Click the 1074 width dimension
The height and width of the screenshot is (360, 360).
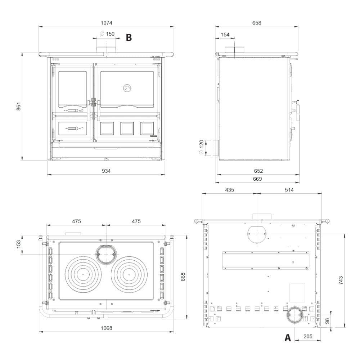pyautogui.click(x=106, y=23)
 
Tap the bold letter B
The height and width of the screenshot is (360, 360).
pyautogui.click(x=129, y=37)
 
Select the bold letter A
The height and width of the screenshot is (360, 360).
pyautogui.click(x=288, y=338)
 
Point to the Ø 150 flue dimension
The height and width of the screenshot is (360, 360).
pyautogui.click(x=107, y=34)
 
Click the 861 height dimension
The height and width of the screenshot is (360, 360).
pyautogui.click(x=19, y=106)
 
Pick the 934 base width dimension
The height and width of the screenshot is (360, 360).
pyautogui.click(x=106, y=171)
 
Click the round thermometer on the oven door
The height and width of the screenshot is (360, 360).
pyautogui.click(x=127, y=88)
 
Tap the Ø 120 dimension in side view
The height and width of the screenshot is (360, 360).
pyautogui.click(x=201, y=147)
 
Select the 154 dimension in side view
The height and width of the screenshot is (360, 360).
pyautogui.click(x=225, y=35)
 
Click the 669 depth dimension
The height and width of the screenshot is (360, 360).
pyautogui.click(x=257, y=179)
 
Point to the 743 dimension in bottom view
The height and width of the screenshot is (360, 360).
pyautogui.click(x=341, y=280)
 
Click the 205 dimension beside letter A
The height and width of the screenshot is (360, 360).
pyautogui.click(x=308, y=336)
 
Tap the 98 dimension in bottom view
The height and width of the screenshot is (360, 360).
pyautogui.click(x=328, y=321)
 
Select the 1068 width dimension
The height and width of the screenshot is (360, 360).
pyautogui.click(x=106, y=328)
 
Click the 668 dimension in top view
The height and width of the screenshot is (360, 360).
pyautogui.click(x=183, y=277)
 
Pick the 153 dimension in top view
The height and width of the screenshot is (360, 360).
pyautogui.click(x=19, y=244)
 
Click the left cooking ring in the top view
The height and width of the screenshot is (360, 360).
pyautogui.click(x=83, y=275)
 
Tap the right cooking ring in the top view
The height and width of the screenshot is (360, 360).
pyautogui.click(x=129, y=275)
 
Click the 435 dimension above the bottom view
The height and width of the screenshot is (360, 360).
pyautogui.click(x=229, y=190)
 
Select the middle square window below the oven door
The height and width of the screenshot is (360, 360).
pyautogui.click(x=127, y=129)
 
